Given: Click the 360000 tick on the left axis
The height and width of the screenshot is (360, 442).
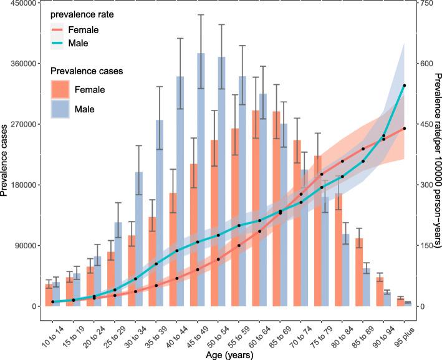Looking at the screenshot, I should (x=22, y=64).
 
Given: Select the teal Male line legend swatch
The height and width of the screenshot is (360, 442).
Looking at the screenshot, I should (x=60, y=44).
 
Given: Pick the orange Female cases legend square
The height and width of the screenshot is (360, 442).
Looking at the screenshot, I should (x=60, y=89).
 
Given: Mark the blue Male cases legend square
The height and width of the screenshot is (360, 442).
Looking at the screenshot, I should (x=60, y=110).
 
